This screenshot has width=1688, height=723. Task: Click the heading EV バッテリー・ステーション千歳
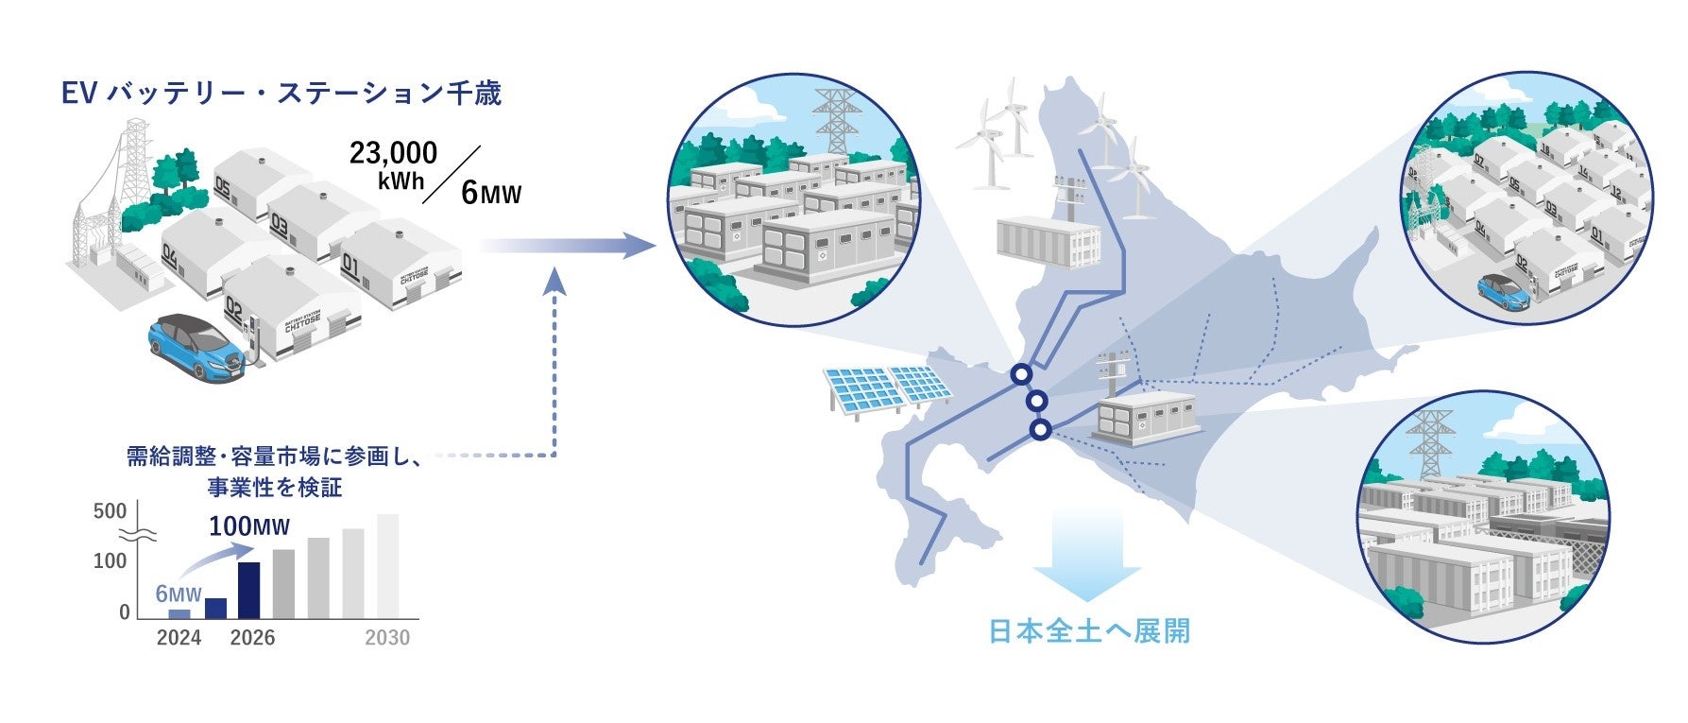(281, 94)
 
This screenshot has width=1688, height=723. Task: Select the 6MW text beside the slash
(490, 194)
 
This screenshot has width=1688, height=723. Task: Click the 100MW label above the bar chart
(248, 526)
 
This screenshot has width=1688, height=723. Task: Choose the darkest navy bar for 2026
(248, 589)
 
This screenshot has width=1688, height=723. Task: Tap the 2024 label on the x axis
(179, 638)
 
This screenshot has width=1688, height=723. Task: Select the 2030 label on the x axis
(387, 638)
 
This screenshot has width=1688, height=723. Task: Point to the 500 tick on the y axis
(111, 511)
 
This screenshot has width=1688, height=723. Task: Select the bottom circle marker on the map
(1040, 430)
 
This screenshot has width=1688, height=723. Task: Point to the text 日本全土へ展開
(1088, 631)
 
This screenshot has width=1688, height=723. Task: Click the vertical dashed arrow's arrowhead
(555, 279)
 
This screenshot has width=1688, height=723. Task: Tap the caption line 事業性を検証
(274, 488)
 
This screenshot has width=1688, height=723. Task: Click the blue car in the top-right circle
(1504, 291)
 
